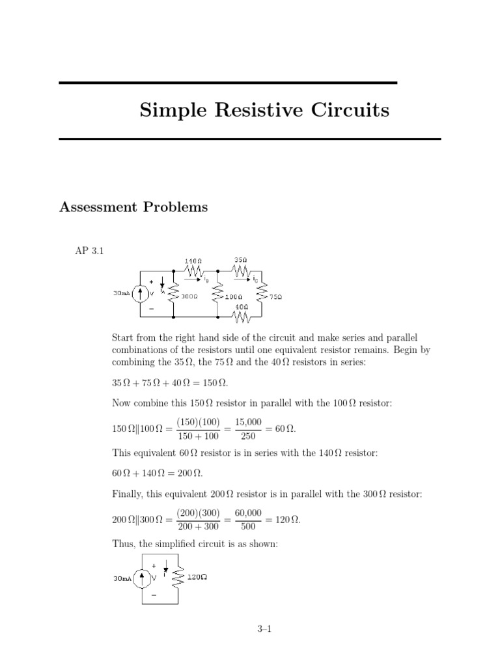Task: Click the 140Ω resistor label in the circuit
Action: [x=193, y=261]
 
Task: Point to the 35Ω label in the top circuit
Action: [x=240, y=260]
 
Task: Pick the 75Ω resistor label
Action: [x=276, y=296]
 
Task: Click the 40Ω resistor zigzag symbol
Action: [x=242, y=317]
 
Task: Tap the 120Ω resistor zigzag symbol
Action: [x=174, y=576]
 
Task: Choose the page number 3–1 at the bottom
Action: [x=264, y=629]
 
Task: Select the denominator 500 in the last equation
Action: [x=248, y=528]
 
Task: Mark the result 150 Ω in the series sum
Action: [x=215, y=382]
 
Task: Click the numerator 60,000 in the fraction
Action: [x=248, y=513]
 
